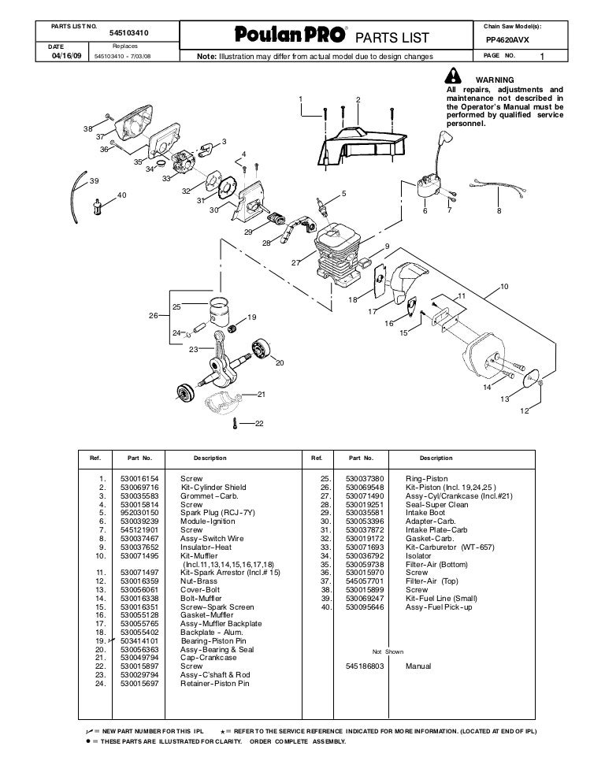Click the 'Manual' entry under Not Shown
[x=418, y=666]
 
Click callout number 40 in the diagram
[x=121, y=195]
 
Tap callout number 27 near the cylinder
[x=295, y=262]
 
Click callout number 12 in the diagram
[x=523, y=410]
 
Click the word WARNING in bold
[x=492, y=80]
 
